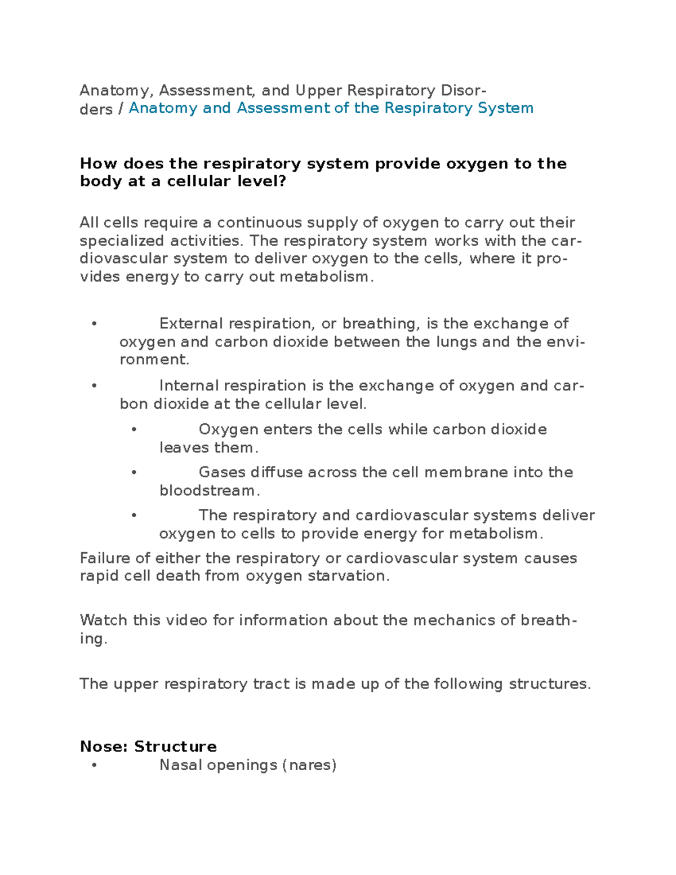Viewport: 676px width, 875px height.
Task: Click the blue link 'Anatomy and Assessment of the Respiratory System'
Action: click(331, 108)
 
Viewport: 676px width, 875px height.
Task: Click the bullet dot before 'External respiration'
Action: click(94, 324)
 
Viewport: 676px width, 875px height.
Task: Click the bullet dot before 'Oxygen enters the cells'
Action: click(134, 430)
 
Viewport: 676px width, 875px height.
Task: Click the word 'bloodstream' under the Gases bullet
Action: click(207, 491)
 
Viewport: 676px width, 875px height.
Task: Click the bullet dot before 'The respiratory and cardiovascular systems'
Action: click(134, 516)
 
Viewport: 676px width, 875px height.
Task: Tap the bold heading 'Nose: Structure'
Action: click(148, 747)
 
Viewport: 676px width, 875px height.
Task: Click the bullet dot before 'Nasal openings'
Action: click(94, 766)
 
